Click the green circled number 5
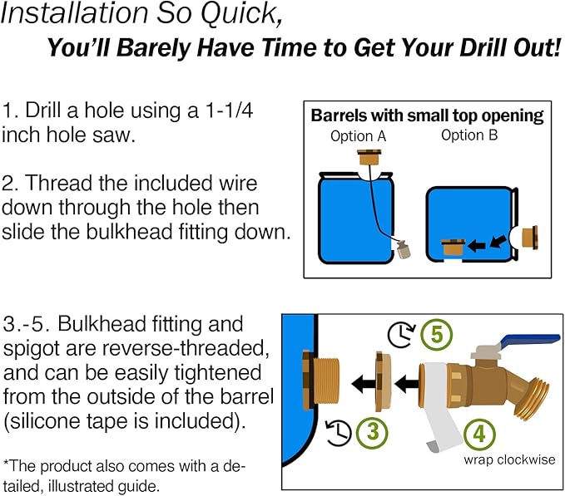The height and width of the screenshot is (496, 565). coord(436,335)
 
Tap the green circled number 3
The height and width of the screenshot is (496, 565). coord(372,432)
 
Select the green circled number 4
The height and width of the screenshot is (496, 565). coord(479,435)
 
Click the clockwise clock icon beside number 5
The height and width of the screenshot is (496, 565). coord(401,335)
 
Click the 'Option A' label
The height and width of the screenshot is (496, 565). coord(358,136)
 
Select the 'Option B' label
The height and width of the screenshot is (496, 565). coord(469,135)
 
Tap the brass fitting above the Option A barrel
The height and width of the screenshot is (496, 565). coord(369,158)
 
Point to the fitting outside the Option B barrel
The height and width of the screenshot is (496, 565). coord(530,238)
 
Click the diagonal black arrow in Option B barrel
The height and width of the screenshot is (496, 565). coord(498,241)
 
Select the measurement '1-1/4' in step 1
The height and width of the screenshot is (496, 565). coord(229,110)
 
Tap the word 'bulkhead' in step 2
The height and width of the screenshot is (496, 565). coord(129,232)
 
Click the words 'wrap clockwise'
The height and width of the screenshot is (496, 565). coord(509,459)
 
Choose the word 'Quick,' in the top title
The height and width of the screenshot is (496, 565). coord(241,13)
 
